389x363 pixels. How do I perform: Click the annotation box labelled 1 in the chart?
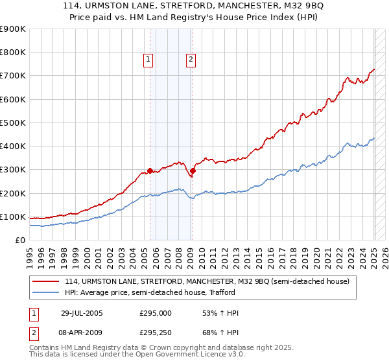tap(148, 60)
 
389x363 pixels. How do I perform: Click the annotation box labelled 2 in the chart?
tap(191, 60)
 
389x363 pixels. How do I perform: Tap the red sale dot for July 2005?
tap(150, 171)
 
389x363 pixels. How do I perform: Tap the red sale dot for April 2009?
tap(193, 171)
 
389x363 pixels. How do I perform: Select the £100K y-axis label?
tap(13, 217)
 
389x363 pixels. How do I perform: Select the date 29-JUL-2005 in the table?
tap(82, 314)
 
